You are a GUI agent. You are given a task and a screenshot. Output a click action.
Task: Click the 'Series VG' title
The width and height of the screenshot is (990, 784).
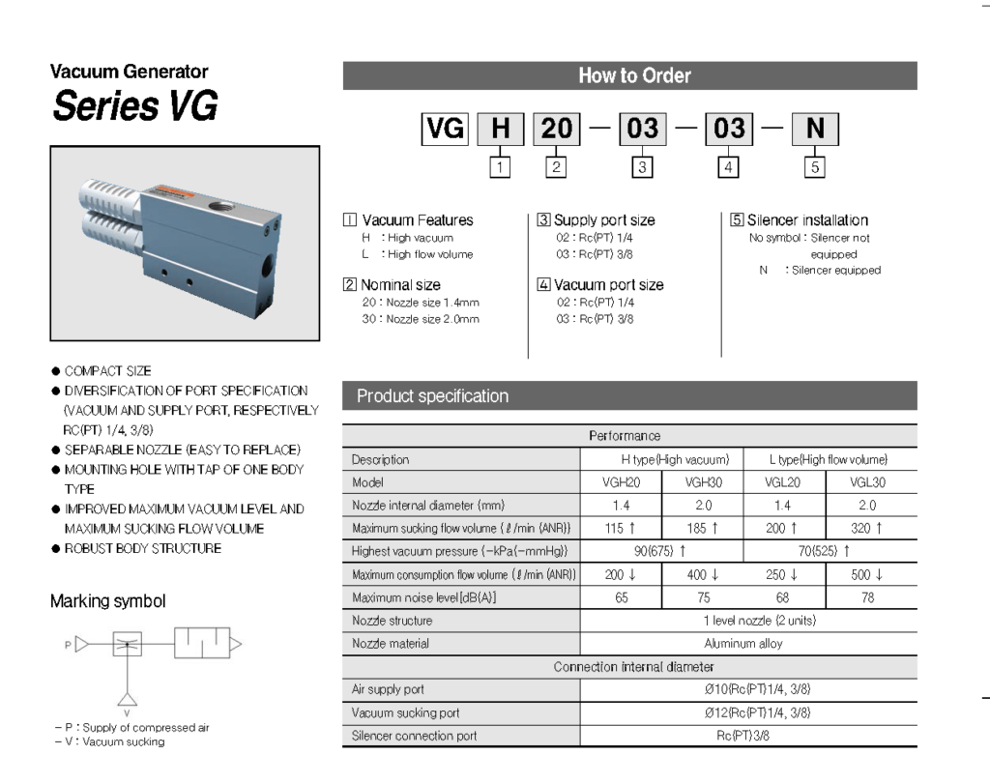[x=135, y=105]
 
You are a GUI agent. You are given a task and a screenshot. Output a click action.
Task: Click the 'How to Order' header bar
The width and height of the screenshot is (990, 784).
[x=629, y=75]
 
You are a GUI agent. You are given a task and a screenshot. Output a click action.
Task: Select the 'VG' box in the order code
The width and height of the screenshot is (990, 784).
[x=445, y=129]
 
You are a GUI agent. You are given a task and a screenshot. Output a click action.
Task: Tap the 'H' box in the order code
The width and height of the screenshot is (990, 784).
[x=500, y=129]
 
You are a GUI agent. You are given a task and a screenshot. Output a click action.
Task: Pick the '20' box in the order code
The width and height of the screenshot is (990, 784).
[x=557, y=129]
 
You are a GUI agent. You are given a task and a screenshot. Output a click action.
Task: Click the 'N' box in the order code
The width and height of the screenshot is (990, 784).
[x=815, y=129]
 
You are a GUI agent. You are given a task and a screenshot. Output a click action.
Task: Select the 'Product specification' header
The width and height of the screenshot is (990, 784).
[x=432, y=395]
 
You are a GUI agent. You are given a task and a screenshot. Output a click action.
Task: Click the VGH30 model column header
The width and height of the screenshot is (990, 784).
[x=703, y=481]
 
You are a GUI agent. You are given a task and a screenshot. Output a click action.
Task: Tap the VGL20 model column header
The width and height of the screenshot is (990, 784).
[x=784, y=481]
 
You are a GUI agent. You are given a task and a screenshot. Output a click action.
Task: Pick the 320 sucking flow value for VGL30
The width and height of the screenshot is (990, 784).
[x=866, y=528]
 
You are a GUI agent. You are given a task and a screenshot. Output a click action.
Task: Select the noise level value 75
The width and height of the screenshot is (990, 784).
[x=703, y=597]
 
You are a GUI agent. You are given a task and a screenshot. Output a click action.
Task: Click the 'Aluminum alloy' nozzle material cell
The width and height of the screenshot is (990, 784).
[x=743, y=643]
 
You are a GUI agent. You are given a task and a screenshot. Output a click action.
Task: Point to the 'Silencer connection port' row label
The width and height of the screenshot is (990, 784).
[x=414, y=736]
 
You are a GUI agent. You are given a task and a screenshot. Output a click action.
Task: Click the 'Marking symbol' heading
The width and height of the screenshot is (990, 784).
[x=107, y=601]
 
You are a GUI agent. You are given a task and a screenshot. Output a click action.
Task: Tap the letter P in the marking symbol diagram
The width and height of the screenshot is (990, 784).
[x=68, y=643]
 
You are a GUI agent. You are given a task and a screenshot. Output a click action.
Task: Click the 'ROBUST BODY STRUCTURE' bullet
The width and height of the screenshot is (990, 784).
[x=142, y=548]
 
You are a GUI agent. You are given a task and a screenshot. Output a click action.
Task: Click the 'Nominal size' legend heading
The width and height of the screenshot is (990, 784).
[x=399, y=285]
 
